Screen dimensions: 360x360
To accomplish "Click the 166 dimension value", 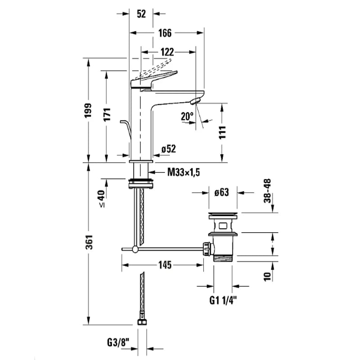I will [x=166, y=32].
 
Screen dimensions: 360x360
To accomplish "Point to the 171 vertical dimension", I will [x=107, y=116].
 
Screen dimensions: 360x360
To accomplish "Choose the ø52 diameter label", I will [x=168, y=149].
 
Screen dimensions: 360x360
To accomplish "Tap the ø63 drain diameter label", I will [x=222, y=193].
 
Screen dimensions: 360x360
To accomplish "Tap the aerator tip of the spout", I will [x=195, y=102].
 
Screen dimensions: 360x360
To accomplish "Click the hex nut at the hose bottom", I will [x=142, y=321].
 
